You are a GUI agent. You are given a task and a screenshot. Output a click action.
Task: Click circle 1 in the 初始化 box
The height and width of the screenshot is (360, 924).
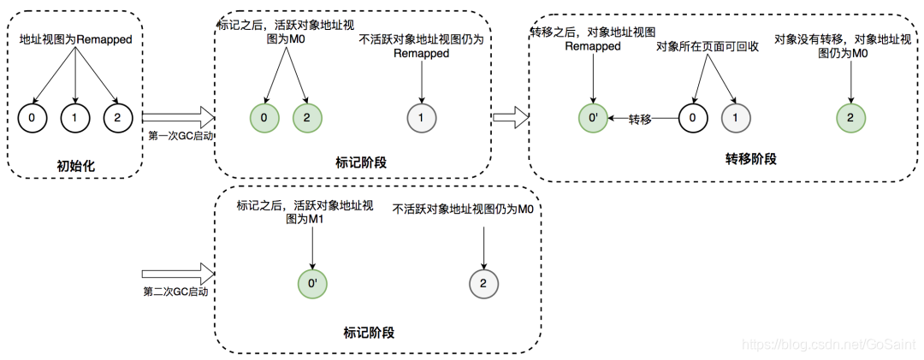tap(76, 118)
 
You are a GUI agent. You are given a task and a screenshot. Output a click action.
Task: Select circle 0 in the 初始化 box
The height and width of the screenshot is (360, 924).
tap(32, 118)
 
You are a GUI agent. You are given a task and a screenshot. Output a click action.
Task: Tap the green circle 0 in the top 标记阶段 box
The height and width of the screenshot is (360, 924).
tap(264, 118)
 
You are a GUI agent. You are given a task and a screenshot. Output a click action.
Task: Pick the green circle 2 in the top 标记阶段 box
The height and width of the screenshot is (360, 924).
tap(306, 118)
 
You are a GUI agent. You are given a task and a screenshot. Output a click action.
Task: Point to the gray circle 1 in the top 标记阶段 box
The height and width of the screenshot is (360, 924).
tap(420, 118)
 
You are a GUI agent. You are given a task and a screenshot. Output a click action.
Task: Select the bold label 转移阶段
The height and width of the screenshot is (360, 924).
tap(750, 159)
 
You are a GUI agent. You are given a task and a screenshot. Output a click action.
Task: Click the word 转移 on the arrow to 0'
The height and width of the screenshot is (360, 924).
tap(641, 120)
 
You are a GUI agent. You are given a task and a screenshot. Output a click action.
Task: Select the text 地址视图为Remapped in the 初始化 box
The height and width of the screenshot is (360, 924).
tap(76, 39)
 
